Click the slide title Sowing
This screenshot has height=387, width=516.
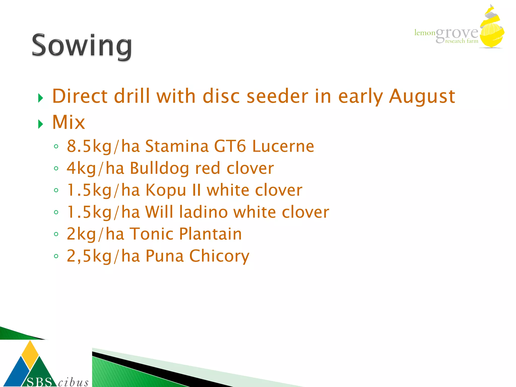point(82,46)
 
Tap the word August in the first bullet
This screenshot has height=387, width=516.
point(422,96)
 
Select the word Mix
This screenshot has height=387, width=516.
point(69,122)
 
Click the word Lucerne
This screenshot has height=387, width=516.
point(283,146)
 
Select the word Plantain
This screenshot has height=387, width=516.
point(210,234)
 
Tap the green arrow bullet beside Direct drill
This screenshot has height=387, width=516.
point(41,98)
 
